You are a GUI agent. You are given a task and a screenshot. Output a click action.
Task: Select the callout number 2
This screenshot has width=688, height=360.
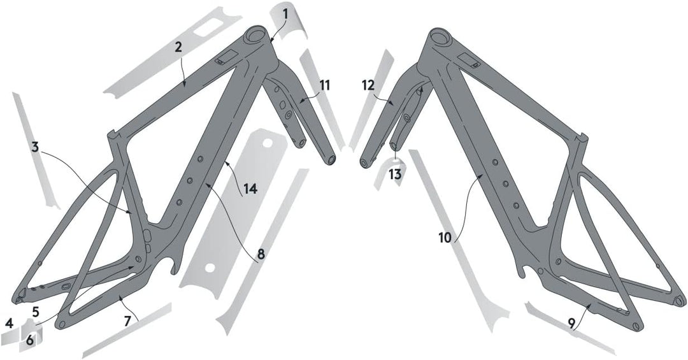coord(178,47)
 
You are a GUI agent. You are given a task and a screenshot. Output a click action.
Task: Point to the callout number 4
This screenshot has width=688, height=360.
coord(9,324)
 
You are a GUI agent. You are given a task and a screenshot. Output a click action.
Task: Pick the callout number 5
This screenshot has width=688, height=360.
coord(36,312)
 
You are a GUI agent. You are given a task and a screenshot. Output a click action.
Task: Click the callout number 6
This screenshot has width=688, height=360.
coord(29,340)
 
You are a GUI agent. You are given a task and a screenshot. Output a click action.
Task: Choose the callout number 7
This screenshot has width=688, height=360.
coord(127,321)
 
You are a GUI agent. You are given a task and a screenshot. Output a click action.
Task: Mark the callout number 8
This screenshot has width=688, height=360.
coord(261,254)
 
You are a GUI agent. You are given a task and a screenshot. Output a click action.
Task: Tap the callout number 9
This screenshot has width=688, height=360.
coord(571,324)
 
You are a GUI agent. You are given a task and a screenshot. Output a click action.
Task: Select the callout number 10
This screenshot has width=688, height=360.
coord(445,238)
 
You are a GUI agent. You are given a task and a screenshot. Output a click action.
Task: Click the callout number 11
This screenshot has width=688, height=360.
coord(324,85)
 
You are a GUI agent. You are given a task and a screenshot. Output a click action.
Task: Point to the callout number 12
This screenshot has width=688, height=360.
coord(369,85)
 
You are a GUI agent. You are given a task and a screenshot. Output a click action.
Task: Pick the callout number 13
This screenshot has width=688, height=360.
coord(395,175)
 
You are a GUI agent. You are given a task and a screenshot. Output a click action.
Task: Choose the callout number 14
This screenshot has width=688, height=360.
coord(250,189)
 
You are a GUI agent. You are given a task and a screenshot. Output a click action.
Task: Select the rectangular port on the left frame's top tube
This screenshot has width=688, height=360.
coord(227,57)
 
